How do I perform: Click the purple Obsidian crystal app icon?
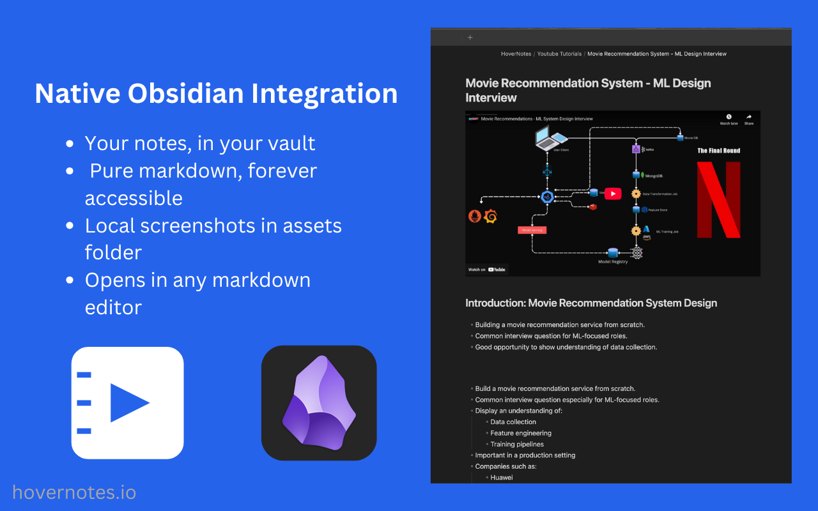pyautogui.click(x=319, y=403)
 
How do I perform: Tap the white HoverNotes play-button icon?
pyautogui.click(x=127, y=403)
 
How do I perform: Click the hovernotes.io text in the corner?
pyautogui.click(x=74, y=492)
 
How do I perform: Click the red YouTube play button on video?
pyautogui.click(x=612, y=194)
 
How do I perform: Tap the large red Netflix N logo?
pyautogui.click(x=718, y=199)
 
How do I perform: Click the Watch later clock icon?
pyautogui.click(x=729, y=117)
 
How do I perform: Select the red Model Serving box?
pyautogui.click(x=532, y=230)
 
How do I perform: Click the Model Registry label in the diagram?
pyautogui.click(x=612, y=261)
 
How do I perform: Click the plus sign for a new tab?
pyautogui.click(x=470, y=38)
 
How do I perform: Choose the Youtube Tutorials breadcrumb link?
pyautogui.click(x=559, y=54)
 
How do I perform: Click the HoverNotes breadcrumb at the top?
pyautogui.click(x=516, y=54)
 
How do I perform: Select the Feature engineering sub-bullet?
pyautogui.click(x=520, y=433)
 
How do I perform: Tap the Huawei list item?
pyautogui.click(x=501, y=477)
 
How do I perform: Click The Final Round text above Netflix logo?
pyautogui.click(x=718, y=151)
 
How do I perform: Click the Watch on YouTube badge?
pyautogui.click(x=487, y=270)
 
